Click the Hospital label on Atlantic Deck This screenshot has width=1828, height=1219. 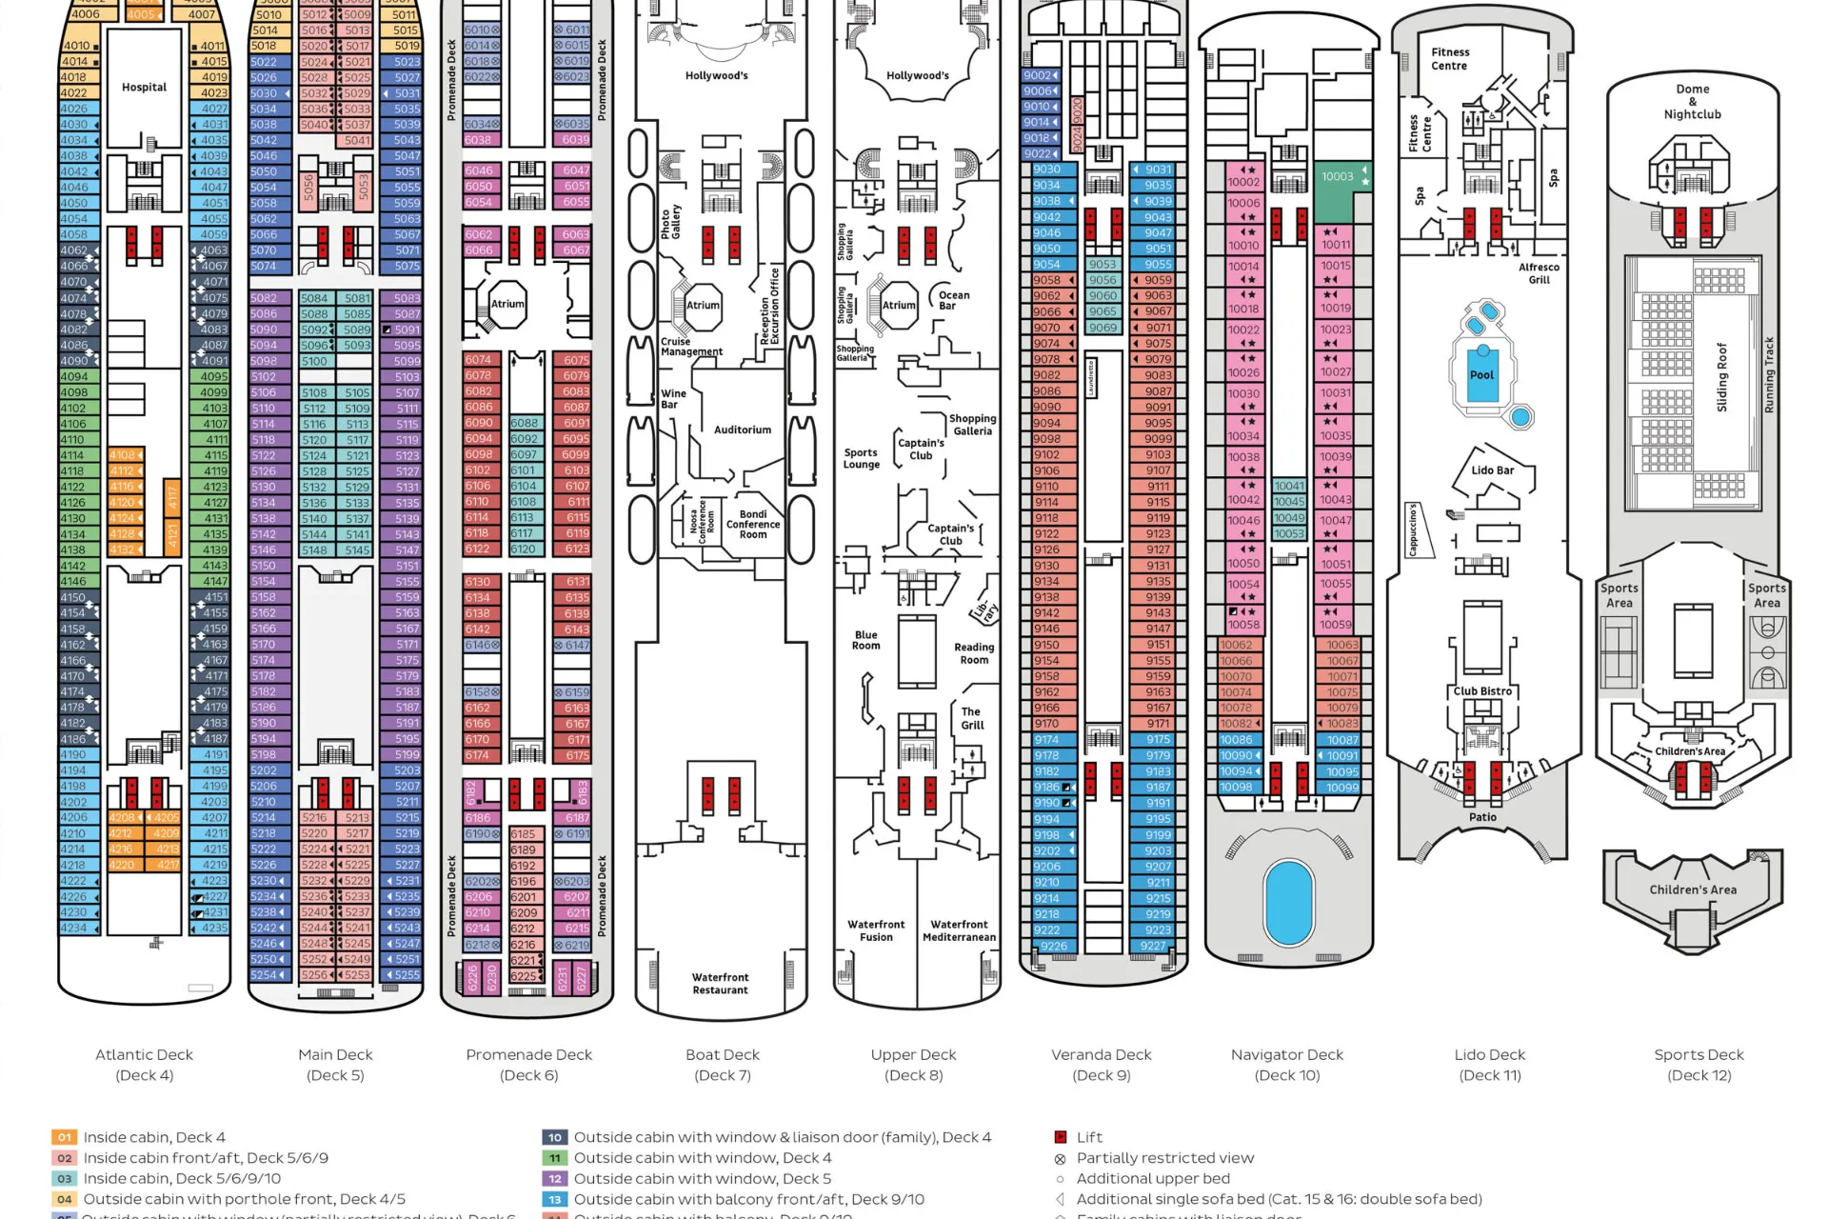pyautogui.click(x=144, y=87)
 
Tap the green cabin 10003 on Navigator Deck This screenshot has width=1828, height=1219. pyautogui.click(x=1338, y=176)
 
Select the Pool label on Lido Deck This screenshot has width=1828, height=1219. pyautogui.click(x=1481, y=374)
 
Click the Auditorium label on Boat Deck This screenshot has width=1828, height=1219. pyautogui.click(x=743, y=430)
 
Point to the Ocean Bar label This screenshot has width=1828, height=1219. pyautogui.click(x=953, y=300)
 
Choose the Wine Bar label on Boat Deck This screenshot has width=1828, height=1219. pyautogui.click(x=673, y=398)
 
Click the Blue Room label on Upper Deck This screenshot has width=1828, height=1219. pyautogui.click(x=865, y=640)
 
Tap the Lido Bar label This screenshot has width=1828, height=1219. pyautogui.click(x=1492, y=470)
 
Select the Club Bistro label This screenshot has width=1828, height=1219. pyautogui.click(x=1482, y=691)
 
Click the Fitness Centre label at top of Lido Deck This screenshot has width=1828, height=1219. pyautogui.click(x=1450, y=59)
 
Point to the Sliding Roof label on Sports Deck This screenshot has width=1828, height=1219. pyautogui.click(x=1721, y=377)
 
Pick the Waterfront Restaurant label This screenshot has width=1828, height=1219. pyautogui.click(x=720, y=984)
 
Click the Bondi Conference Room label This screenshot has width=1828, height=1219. pyautogui.click(x=752, y=524)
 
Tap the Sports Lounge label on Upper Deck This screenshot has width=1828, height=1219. pyautogui.click(x=861, y=459)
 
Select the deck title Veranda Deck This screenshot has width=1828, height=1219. pyautogui.click(x=1101, y=1054)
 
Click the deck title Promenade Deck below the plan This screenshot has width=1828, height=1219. pyautogui.click(x=528, y=1054)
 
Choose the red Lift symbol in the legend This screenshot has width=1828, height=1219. pyautogui.click(x=1061, y=1137)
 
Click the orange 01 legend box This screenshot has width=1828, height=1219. pyautogui.click(x=64, y=1137)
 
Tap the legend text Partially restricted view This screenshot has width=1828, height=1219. pyautogui.click(x=1165, y=1158)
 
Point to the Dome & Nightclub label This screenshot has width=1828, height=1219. pyautogui.click(x=1692, y=102)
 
